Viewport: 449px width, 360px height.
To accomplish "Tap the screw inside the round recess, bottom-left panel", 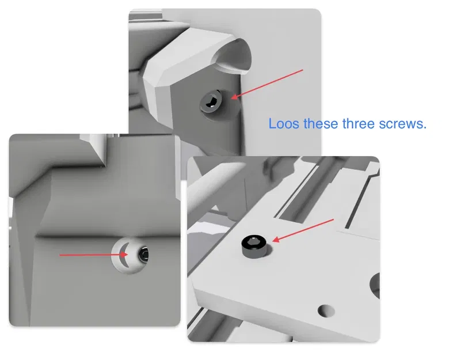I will click(143, 254).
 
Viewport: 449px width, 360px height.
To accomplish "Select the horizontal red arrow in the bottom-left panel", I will click(93, 253).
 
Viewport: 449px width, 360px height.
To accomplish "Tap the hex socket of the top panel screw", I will click(211, 103).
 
